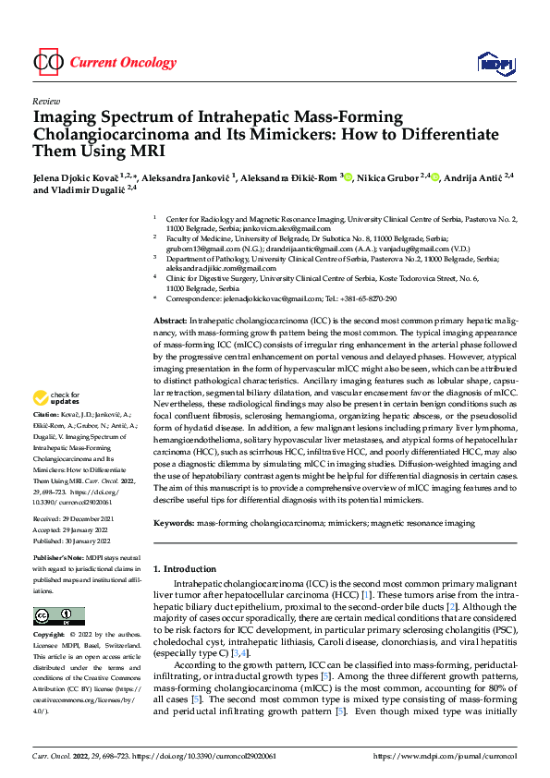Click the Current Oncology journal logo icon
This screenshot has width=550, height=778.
point(47,63)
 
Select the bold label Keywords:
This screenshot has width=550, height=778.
point(174,523)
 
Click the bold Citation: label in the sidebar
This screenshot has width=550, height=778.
point(47,443)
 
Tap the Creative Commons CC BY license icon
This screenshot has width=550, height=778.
point(58,616)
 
